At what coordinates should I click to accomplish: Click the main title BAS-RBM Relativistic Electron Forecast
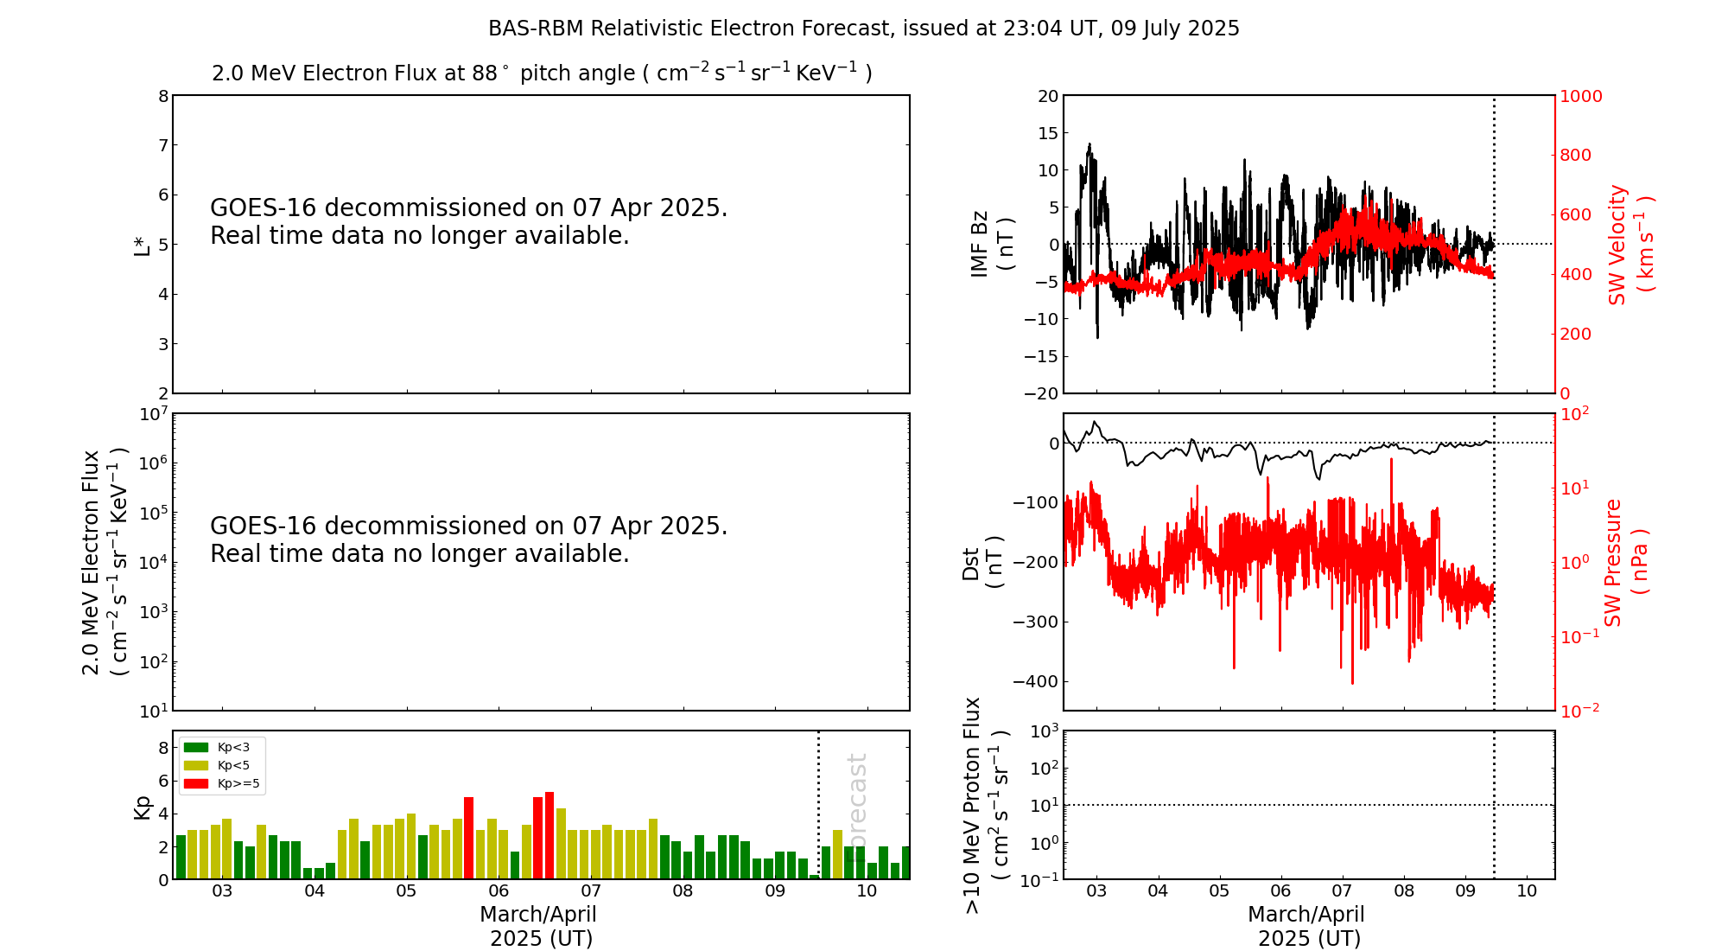[863, 29]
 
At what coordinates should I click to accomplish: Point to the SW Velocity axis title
[1630, 245]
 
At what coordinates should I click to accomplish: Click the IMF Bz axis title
[991, 245]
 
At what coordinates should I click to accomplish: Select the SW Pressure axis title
[1624, 563]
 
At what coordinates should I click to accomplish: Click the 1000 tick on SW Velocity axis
[1580, 96]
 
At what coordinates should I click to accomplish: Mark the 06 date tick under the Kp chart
[499, 891]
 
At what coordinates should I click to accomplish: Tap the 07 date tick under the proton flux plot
[1342, 891]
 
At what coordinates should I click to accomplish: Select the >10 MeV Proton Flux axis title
[985, 805]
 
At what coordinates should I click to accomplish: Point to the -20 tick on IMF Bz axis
[1040, 393]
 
